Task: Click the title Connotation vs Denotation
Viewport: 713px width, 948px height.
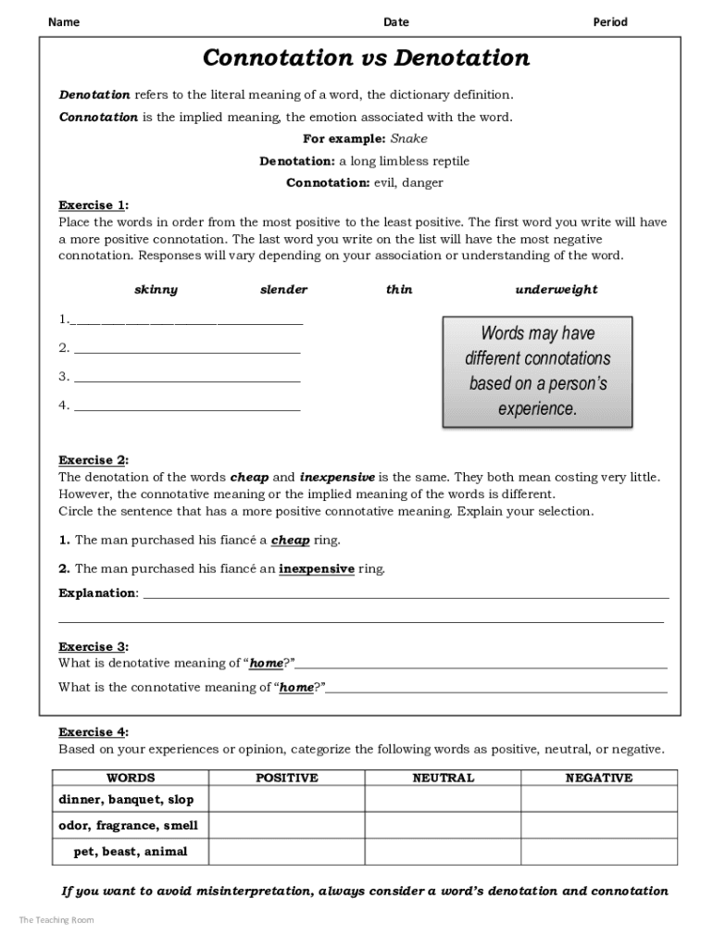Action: [x=366, y=59]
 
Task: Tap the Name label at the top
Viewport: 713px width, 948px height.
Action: [x=63, y=22]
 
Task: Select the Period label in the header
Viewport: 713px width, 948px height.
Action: [x=609, y=22]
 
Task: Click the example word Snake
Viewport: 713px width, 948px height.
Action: [x=408, y=139]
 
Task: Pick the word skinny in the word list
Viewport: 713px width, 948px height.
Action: [x=156, y=290]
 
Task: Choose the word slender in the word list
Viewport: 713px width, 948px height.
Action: [x=283, y=290]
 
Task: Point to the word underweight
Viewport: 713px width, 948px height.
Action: [x=556, y=290]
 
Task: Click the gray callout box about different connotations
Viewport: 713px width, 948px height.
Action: [x=537, y=371]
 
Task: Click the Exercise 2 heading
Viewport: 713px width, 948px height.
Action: [x=93, y=460]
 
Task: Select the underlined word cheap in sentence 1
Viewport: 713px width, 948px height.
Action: [x=290, y=541]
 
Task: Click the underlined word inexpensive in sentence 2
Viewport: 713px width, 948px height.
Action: [x=316, y=569]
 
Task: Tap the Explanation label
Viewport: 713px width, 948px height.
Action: [x=97, y=593]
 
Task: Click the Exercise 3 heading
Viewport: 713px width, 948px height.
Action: [x=93, y=647]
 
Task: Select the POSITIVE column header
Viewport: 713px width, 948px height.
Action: [x=286, y=779]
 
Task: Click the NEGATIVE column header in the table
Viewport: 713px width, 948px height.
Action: [x=598, y=779]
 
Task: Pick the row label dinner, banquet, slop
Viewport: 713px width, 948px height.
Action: [x=127, y=799]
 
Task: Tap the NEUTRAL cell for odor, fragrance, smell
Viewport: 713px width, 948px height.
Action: [x=443, y=825]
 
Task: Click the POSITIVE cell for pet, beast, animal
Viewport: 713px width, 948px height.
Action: [x=286, y=851]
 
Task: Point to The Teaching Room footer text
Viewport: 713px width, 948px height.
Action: [x=56, y=919]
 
